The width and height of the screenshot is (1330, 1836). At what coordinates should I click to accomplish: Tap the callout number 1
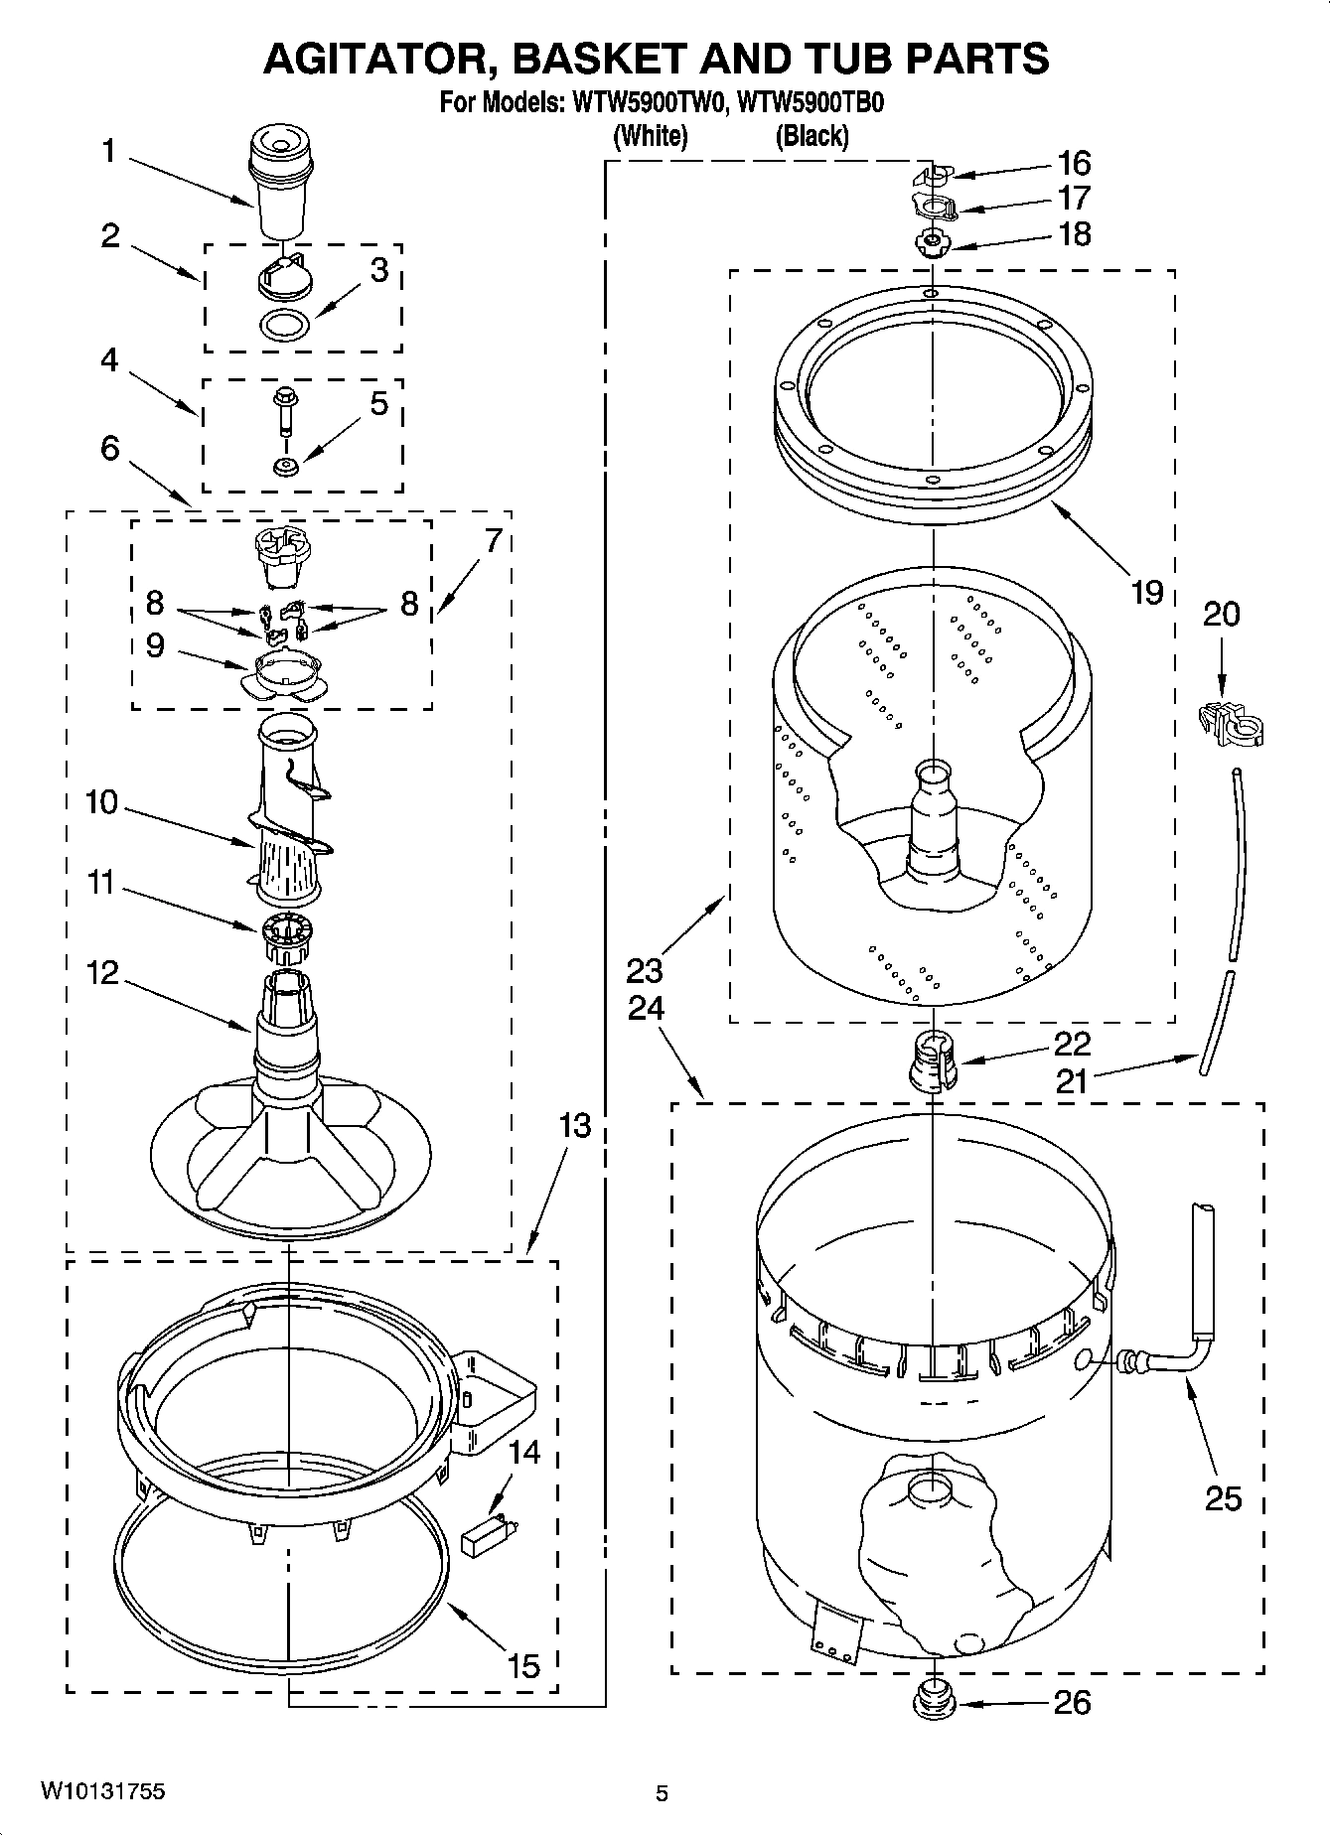[108, 152]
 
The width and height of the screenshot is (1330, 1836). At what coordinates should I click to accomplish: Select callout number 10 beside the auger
[101, 801]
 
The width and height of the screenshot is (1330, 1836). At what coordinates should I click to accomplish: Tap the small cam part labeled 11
[288, 937]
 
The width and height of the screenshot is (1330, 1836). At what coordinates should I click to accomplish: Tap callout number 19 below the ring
[1146, 592]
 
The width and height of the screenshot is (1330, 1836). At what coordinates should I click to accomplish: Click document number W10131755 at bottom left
[103, 1791]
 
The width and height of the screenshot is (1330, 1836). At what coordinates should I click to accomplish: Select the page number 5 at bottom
[663, 1793]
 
